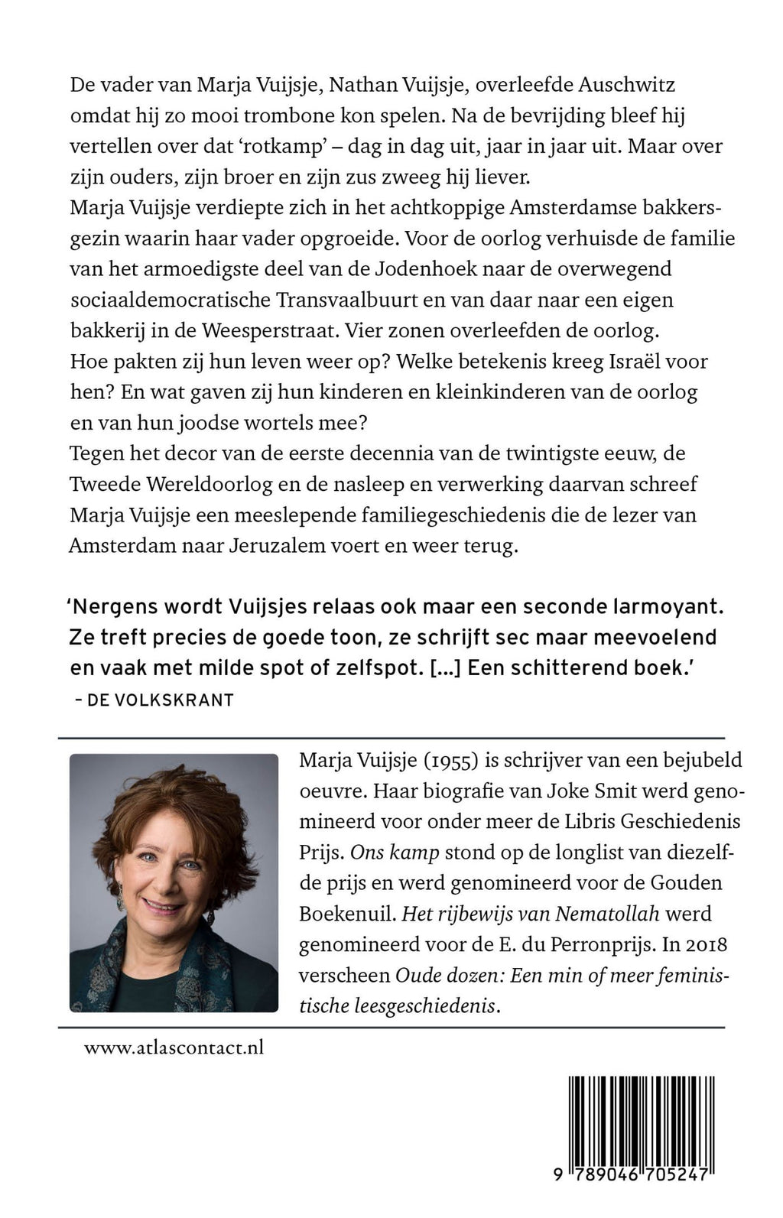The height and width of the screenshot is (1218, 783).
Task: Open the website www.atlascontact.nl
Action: [x=174, y=1047]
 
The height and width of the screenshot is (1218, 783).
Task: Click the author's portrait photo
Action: [x=174, y=882]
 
